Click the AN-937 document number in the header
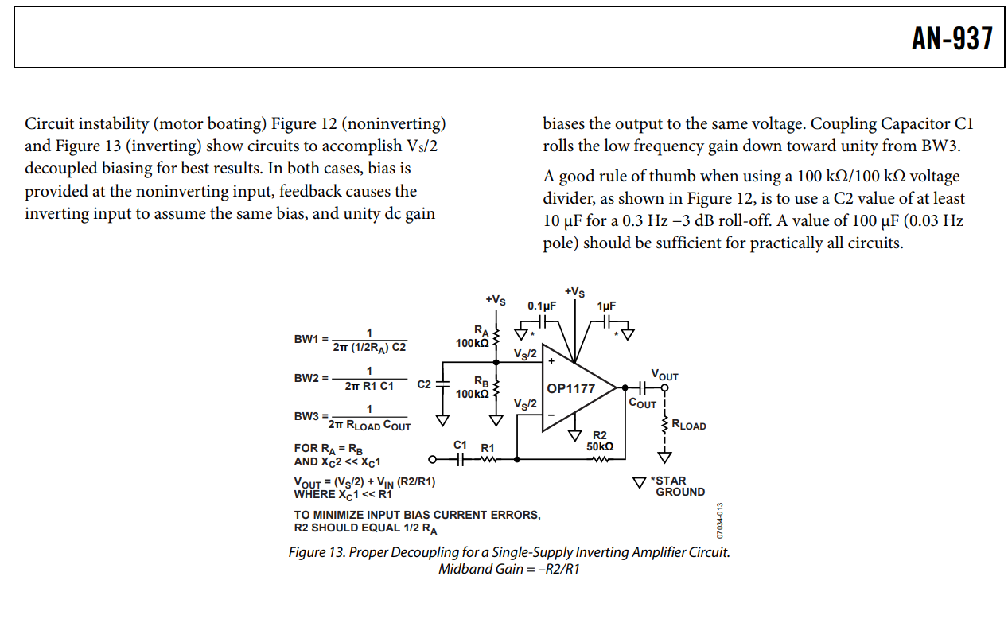click(952, 38)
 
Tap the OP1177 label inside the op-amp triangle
click(570, 389)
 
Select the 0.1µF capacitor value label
click(542, 306)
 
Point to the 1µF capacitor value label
click(606, 306)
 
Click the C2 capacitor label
click(425, 384)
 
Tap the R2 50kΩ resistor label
click(600, 441)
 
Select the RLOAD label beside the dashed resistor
click(689, 426)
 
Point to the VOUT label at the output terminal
click(664, 375)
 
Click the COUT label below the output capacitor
click(643, 403)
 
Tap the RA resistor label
click(481, 330)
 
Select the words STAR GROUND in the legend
click(679, 486)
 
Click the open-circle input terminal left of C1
click(433, 459)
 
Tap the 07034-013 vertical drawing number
click(719, 520)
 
